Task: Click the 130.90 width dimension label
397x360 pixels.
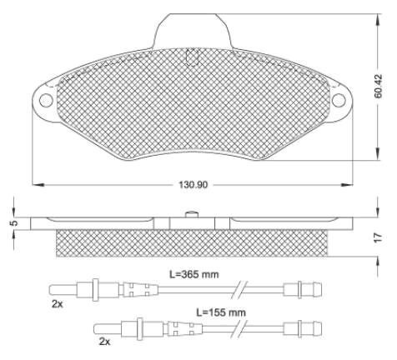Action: tap(193, 184)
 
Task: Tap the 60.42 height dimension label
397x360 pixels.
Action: tap(378, 86)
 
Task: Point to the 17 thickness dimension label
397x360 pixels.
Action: tap(378, 237)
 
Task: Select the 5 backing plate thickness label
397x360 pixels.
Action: tap(15, 223)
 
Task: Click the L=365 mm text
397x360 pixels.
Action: tap(194, 274)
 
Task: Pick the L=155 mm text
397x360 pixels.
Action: tap(221, 312)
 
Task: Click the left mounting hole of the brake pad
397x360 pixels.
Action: tap(46, 100)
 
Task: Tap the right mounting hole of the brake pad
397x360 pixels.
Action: tap(339, 100)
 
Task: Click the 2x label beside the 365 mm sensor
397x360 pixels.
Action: tap(58, 304)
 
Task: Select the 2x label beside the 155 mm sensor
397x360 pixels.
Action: tap(104, 342)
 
